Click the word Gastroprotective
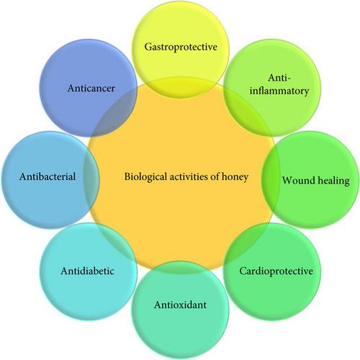click(x=181, y=47)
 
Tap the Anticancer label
click(x=91, y=88)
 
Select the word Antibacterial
click(x=48, y=176)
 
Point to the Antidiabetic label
click(x=87, y=271)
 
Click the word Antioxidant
click(x=180, y=305)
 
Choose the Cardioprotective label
click(x=276, y=271)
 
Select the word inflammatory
click(x=279, y=91)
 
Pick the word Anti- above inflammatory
click(x=279, y=78)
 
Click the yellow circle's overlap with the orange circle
click(x=180, y=88)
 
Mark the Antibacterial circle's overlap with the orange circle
click(x=91, y=180)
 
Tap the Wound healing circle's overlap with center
click(x=270, y=180)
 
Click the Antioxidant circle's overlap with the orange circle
click(x=180, y=267)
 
